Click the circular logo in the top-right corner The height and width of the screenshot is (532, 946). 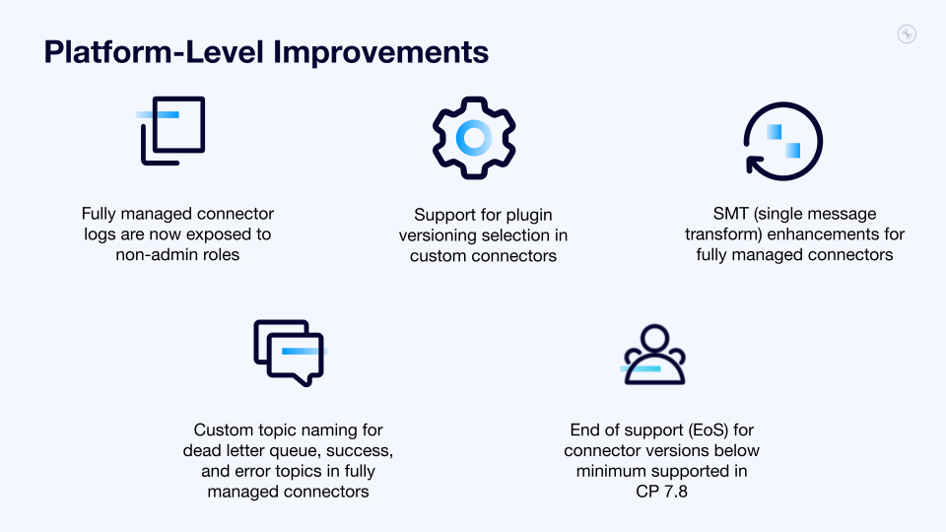908,34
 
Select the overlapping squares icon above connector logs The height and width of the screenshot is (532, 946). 172,130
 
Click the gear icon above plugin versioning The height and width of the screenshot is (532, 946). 474,138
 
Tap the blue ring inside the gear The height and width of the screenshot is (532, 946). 474,138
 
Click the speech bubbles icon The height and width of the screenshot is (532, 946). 288,352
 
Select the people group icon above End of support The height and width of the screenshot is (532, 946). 653,355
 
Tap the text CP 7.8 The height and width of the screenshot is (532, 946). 661,492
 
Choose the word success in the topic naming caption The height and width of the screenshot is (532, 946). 364,451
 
